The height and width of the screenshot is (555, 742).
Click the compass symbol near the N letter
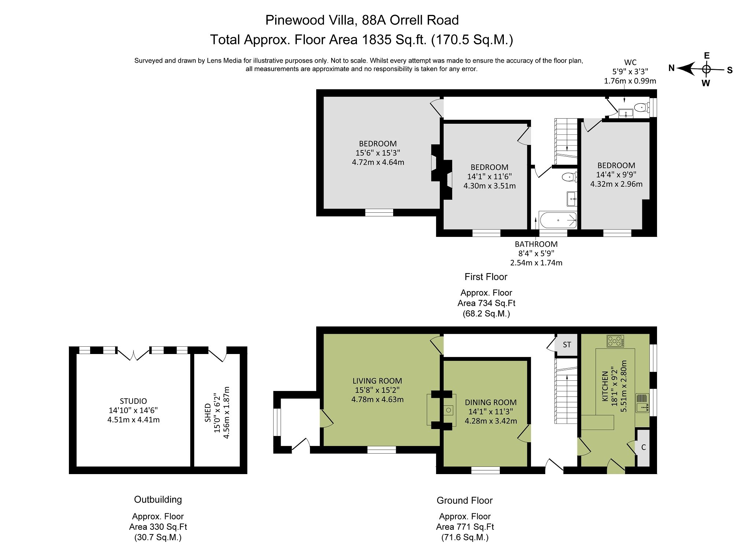coord(706,69)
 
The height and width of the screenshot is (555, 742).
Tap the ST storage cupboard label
coord(566,344)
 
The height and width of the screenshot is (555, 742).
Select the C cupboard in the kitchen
coord(643,447)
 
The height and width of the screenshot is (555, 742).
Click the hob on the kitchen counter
coord(615,341)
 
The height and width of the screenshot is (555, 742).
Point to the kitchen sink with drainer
coord(642,403)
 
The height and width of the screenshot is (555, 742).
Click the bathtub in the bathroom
coord(558,220)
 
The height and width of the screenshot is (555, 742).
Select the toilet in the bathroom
coord(569,177)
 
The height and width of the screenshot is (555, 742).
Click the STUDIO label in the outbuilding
coord(133,401)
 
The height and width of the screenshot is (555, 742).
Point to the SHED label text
coord(208,413)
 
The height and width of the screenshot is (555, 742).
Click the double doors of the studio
coord(133,354)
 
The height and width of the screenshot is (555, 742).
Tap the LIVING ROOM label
coord(377,381)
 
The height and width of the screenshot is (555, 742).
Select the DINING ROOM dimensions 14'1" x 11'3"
coord(491,411)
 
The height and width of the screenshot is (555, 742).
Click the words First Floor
coord(486,277)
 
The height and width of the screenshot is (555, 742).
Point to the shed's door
coord(218,354)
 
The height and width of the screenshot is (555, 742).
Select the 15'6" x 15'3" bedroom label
coord(377,153)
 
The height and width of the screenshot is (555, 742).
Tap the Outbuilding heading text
coord(158,499)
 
